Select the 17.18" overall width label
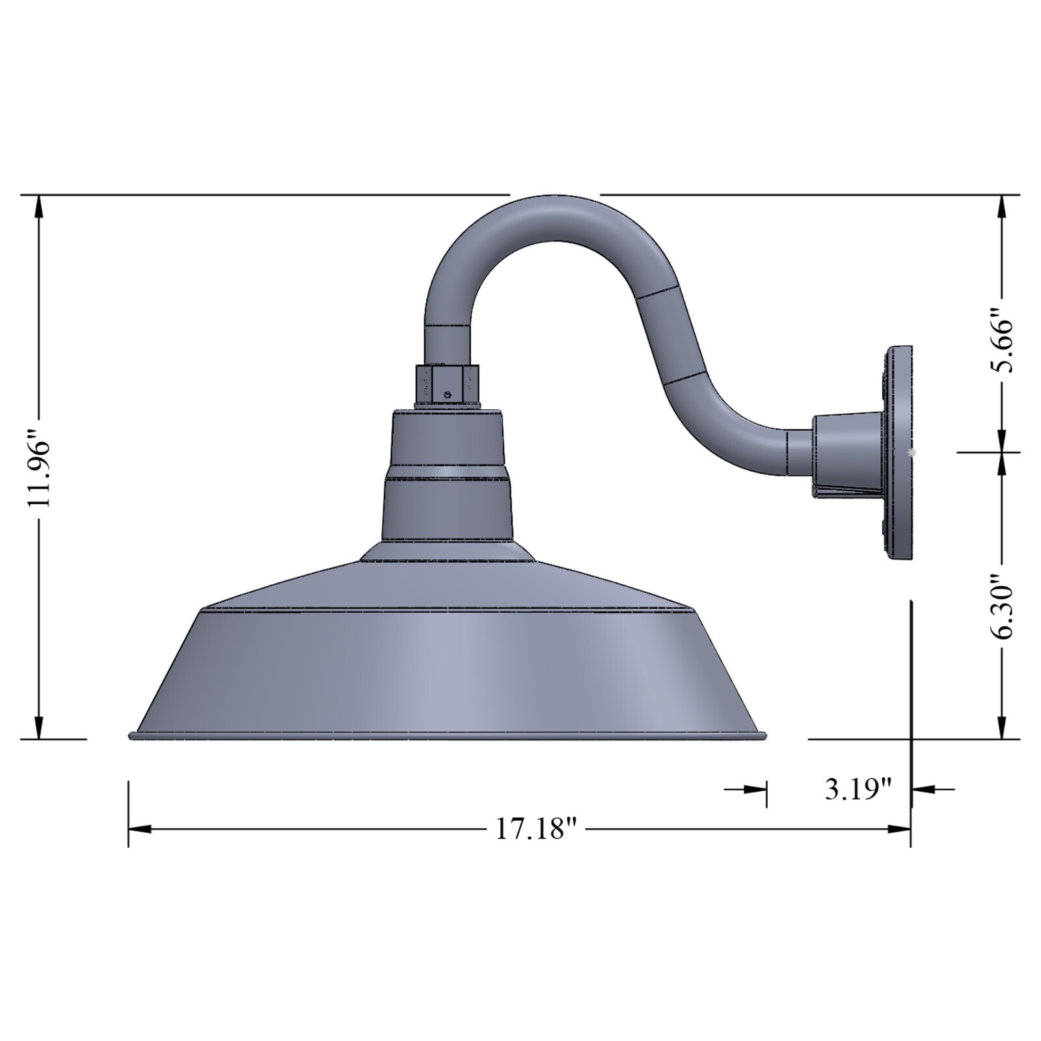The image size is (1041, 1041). [536, 829]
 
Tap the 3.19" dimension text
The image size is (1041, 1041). [858, 789]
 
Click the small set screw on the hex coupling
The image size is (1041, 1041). [446, 394]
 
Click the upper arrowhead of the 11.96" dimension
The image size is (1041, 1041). [40, 208]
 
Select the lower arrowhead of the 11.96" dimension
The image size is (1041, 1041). [40, 725]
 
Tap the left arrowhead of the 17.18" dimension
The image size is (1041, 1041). [141, 829]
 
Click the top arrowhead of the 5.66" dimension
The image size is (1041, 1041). [1002, 208]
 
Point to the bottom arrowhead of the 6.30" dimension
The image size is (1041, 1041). [1002, 725]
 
